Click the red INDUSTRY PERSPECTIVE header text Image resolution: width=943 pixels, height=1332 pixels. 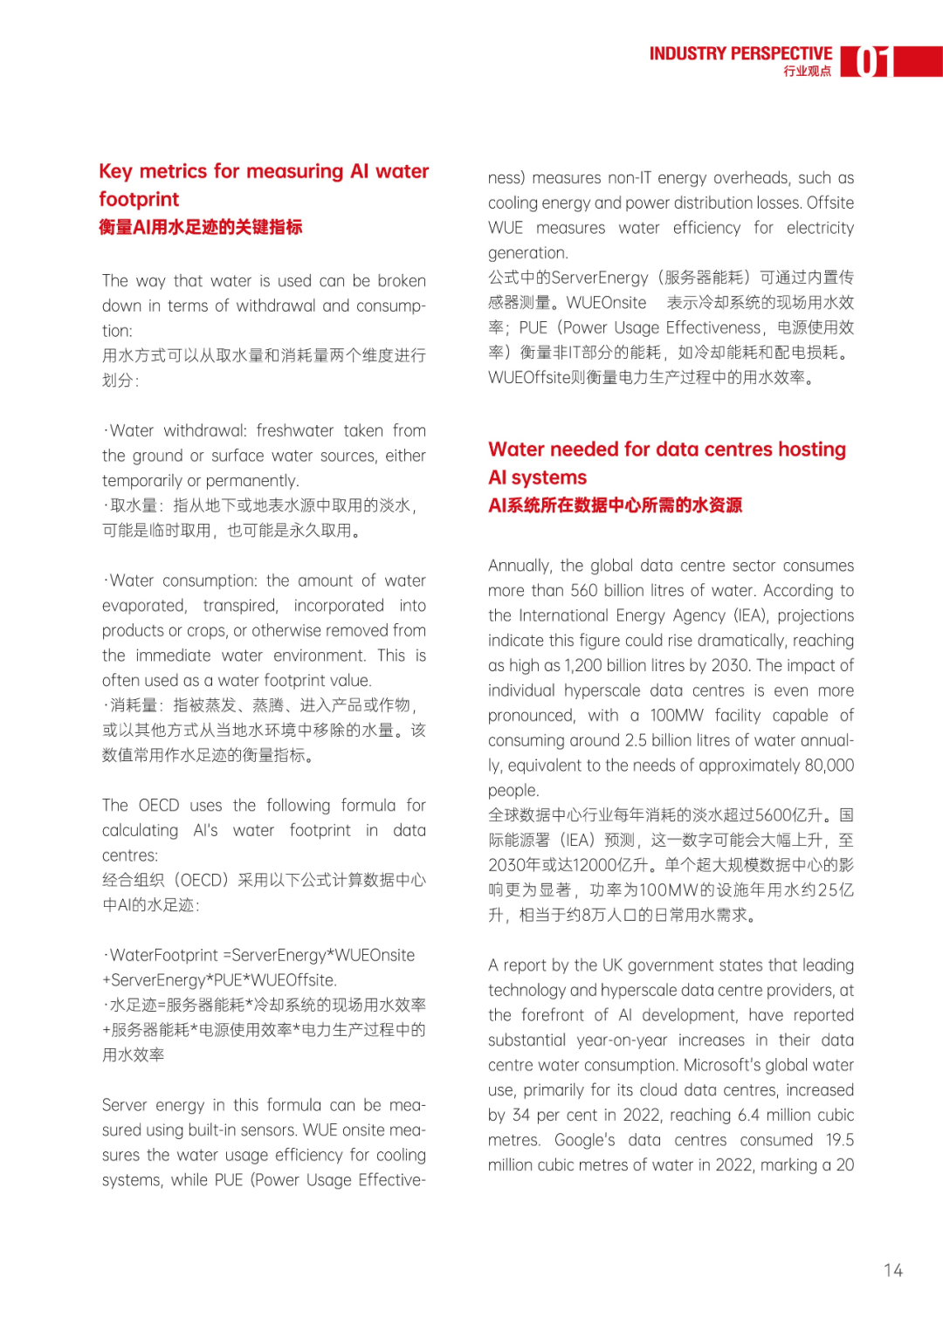point(740,54)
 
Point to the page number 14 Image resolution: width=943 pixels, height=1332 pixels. point(892,1270)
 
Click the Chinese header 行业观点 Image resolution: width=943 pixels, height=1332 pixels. point(807,72)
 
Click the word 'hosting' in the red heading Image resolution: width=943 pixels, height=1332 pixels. point(811,450)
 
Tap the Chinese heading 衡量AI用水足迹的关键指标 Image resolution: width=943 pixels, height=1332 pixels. point(201,227)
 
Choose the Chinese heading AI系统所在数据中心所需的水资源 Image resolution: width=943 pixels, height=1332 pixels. point(615,505)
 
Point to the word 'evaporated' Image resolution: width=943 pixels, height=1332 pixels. point(143,606)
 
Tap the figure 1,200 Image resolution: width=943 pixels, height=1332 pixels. point(582,666)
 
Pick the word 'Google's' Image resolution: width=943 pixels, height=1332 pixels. point(584,1141)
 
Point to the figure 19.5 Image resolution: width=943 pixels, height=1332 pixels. point(839,1141)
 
